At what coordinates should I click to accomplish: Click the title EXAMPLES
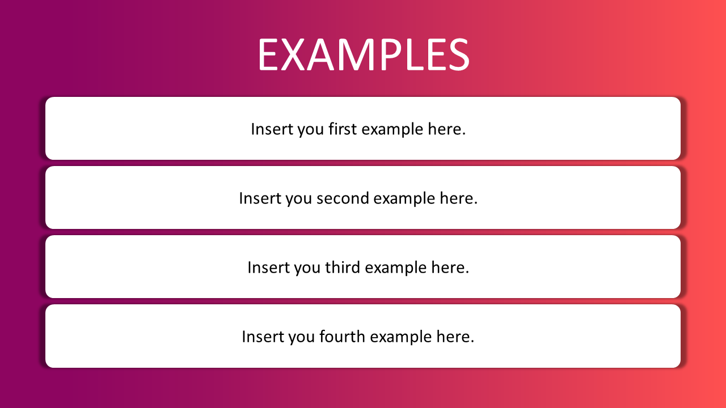tap(364, 54)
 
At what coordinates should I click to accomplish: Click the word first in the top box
tap(343, 129)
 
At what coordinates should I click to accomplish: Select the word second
tap(343, 198)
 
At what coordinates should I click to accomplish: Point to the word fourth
tap(342, 337)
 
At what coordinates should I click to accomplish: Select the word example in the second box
tap(404, 199)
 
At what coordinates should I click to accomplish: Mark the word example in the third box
tap(396, 268)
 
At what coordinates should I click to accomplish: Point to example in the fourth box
tap(401, 337)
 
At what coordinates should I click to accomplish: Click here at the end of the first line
tap(446, 129)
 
